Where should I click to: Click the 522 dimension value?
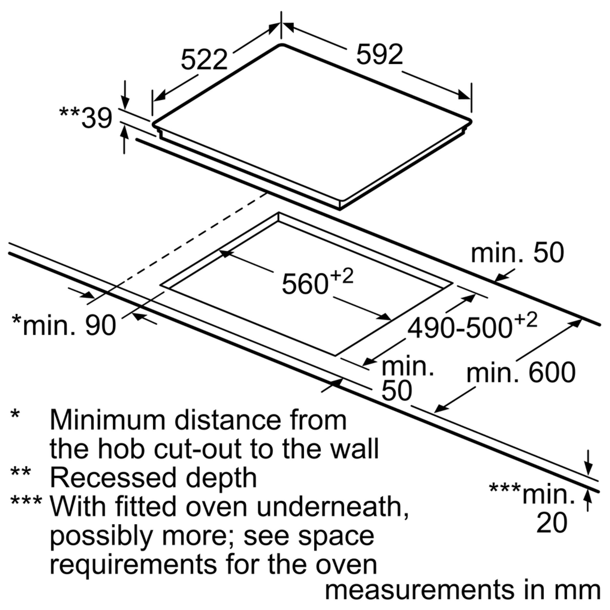click(204, 60)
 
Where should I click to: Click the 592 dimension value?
click(379, 54)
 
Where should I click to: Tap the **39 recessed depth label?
click(86, 118)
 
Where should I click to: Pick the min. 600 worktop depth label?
click(521, 373)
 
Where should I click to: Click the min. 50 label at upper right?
click(517, 253)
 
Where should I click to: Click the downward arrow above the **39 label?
click(125, 95)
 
